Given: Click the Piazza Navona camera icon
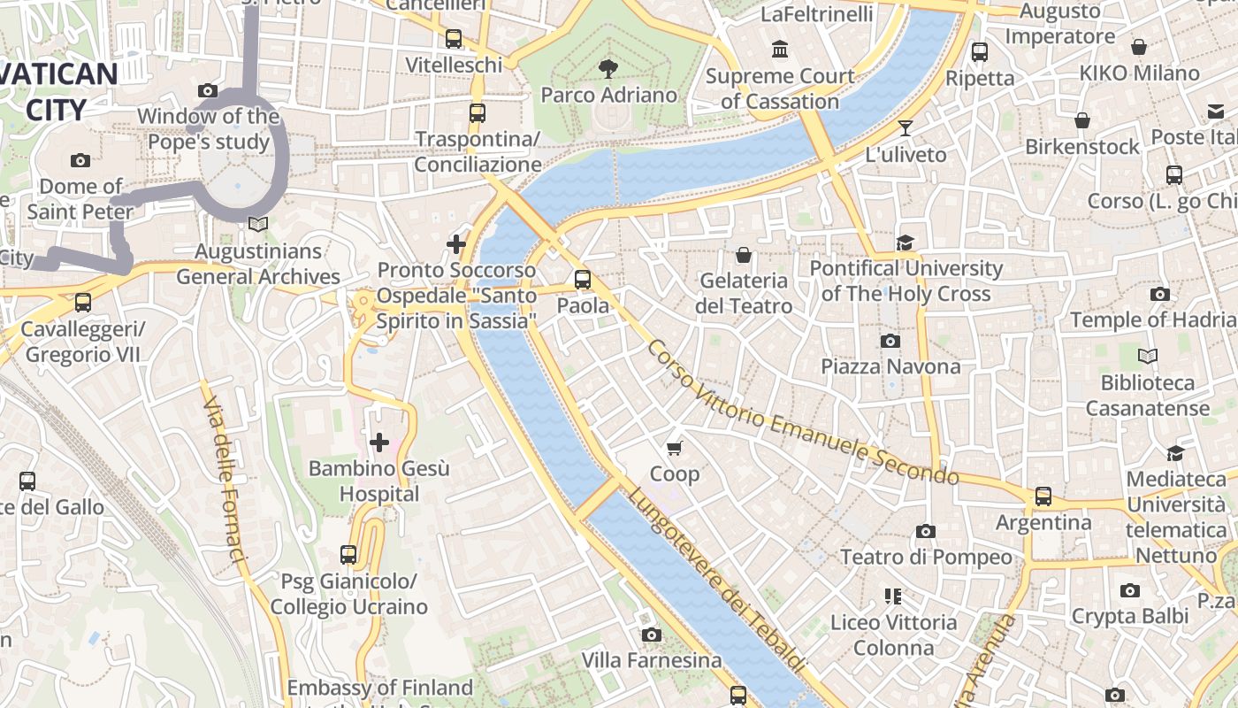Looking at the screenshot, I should click(x=890, y=341).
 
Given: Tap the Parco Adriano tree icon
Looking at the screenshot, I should click(x=608, y=68).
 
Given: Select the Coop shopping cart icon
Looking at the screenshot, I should click(x=674, y=449).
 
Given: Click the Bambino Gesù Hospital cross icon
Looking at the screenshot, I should click(x=379, y=442).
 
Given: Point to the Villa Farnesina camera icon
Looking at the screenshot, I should click(x=652, y=635).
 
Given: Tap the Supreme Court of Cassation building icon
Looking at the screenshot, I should click(x=779, y=50).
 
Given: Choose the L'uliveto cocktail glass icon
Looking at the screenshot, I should click(x=905, y=128).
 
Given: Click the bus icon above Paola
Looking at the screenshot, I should click(x=582, y=280).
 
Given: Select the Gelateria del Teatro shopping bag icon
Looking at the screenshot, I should click(x=744, y=255).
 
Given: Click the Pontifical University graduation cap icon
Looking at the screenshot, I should click(x=905, y=242).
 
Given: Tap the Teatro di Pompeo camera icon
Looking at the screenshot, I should click(x=926, y=531).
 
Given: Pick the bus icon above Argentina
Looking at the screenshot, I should click(x=1043, y=496).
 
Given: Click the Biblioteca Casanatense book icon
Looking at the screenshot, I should click(x=1148, y=357).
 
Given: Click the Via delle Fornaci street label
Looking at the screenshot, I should click(x=224, y=479).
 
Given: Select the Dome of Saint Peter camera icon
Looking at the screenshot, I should click(x=80, y=160).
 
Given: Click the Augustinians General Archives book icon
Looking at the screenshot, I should click(x=257, y=226).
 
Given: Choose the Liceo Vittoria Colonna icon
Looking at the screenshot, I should click(x=892, y=596).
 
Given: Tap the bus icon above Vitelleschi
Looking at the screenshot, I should click(x=454, y=39).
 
